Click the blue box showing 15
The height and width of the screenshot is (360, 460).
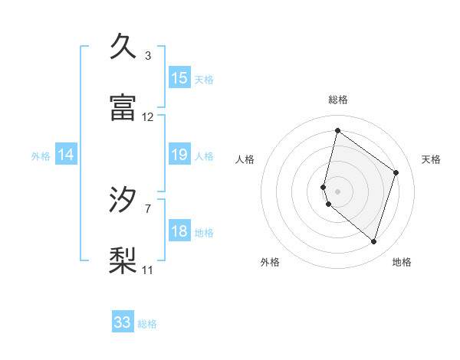pyautogui.click(x=179, y=78)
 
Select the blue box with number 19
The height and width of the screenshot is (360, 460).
pyautogui.click(x=179, y=155)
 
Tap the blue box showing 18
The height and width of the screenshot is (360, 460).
pyautogui.click(x=179, y=232)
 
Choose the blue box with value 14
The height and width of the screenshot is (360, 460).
pyautogui.click(x=66, y=155)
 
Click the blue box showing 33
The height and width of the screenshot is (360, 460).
pyautogui.click(x=123, y=322)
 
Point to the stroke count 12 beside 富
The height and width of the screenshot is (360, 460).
pyautogui.click(x=148, y=117)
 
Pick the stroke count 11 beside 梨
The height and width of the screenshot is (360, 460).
pyautogui.click(x=148, y=270)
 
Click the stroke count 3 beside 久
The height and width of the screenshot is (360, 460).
pyautogui.click(x=148, y=56)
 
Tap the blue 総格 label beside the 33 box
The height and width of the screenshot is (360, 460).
pyautogui.click(x=147, y=324)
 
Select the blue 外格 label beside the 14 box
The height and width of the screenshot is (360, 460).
pyautogui.click(x=41, y=156)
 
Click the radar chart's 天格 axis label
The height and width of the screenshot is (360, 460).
pyautogui.click(x=432, y=159)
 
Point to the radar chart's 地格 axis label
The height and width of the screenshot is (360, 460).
pyautogui.click(x=402, y=262)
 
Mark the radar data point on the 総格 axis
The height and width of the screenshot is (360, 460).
pyautogui.click(x=337, y=130)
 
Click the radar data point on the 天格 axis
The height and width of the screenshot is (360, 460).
pyautogui.click(x=396, y=172)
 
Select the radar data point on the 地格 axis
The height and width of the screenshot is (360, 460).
pyautogui.click(x=373, y=242)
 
